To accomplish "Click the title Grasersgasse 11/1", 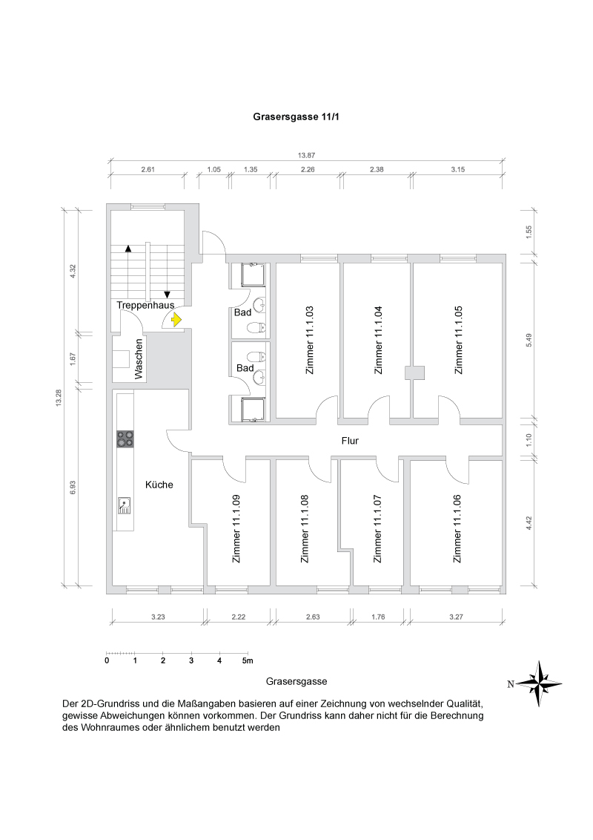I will click(x=296, y=117).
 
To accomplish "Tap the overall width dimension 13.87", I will click(x=306, y=155).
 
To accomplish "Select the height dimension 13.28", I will click(x=57, y=397).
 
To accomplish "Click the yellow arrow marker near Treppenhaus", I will click(x=176, y=320).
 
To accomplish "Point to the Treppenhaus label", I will click(x=145, y=305).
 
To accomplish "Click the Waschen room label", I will click(x=139, y=359).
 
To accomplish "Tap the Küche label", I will click(x=159, y=485).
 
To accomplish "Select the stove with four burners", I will click(x=125, y=439).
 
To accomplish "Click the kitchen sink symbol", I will click(x=125, y=505).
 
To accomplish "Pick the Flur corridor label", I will click(x=350, y=441).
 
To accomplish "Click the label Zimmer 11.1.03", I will click(x=310, y=341).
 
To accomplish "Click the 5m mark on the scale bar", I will click(x=248, y=660).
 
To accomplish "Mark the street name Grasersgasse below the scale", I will click(x=296, y=680).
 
